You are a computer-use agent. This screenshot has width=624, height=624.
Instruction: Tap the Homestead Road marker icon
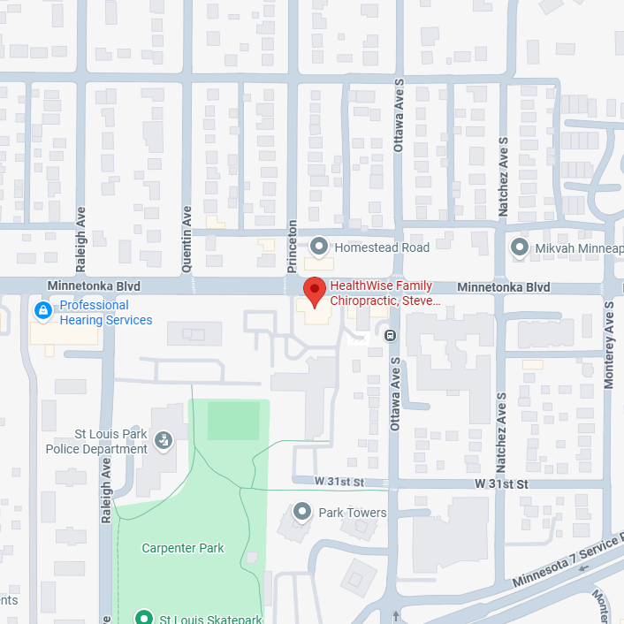click(319, 247)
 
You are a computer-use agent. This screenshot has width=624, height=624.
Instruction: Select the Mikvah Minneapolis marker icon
click(521, 248)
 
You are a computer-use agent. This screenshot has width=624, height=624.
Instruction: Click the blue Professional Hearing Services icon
click(42, 311)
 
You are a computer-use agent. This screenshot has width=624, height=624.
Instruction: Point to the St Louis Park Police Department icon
click(163, 439)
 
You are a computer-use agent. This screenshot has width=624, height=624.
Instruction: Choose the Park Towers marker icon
click(303, 512)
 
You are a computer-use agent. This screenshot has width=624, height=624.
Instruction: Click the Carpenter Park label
click(183, 548)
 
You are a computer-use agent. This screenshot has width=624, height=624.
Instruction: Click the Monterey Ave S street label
click(608, 346)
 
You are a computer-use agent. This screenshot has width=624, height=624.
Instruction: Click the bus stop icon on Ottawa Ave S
click(389, 334)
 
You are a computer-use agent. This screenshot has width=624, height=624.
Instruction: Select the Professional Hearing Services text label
click(105, 313)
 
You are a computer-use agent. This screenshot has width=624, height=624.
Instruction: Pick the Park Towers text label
click(353, 513)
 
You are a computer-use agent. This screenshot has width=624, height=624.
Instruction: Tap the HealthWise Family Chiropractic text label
click(384, 293)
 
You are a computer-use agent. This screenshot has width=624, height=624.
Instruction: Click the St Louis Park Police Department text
click(97, 441)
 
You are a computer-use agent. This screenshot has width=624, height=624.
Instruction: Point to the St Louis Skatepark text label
click(209, 618)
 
